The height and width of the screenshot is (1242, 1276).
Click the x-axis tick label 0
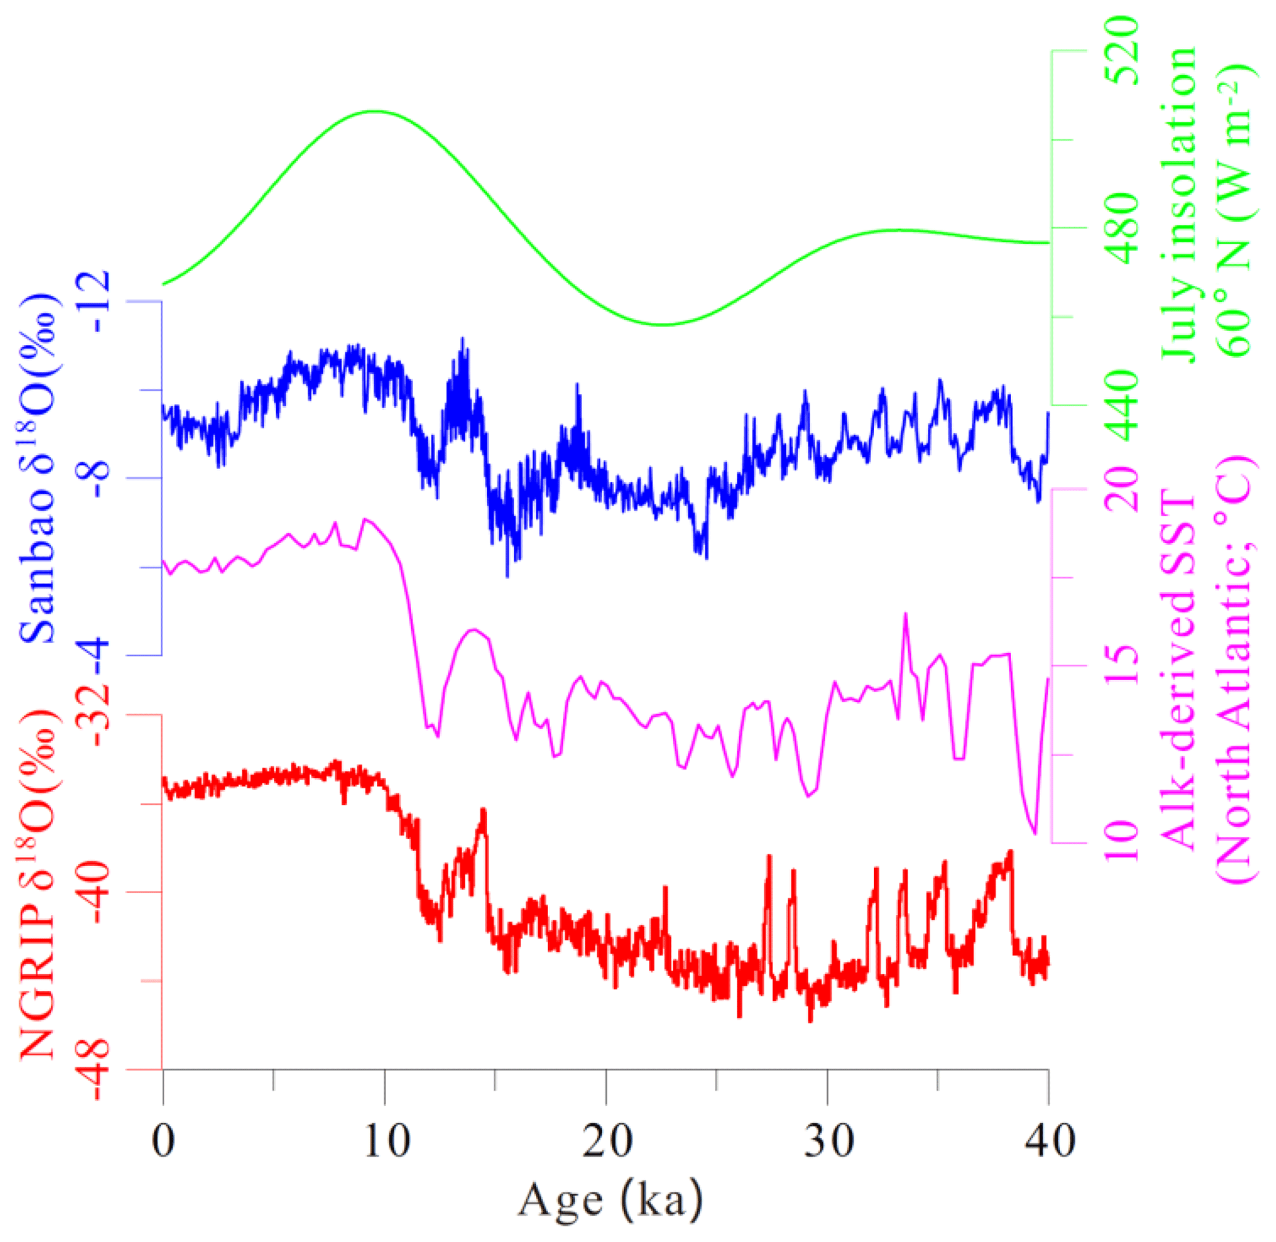[x=162, y=1141]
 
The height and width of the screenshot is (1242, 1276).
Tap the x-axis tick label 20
[x=606, y=1141]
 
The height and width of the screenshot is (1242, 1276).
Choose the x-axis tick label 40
[x=1048, y=1141]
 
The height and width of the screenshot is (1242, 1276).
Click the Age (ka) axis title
[x=610, y=1201]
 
